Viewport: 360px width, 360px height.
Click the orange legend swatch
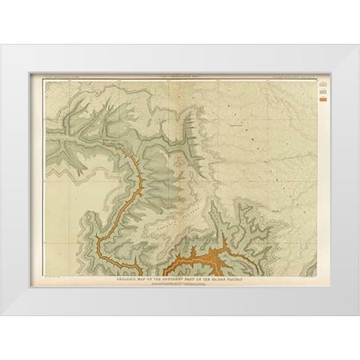click(x=322, y=98)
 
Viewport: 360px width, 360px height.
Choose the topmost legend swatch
click(x=322, y=83)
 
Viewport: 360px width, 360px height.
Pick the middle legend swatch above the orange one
click(x=322, y=92)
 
